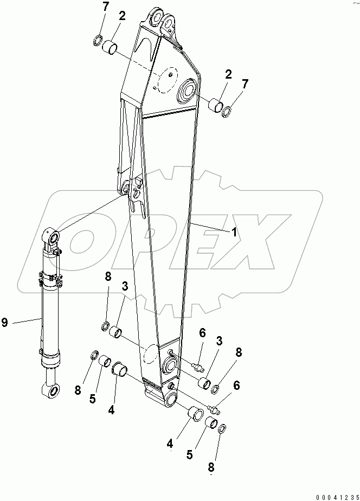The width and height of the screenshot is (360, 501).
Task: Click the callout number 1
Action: pyautogui.click(x=234, y=232)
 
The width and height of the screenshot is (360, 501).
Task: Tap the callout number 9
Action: pyautogui.click(x=5, y=323)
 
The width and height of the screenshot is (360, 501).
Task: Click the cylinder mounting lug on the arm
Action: pyautogui.click(x=133, y=190)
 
